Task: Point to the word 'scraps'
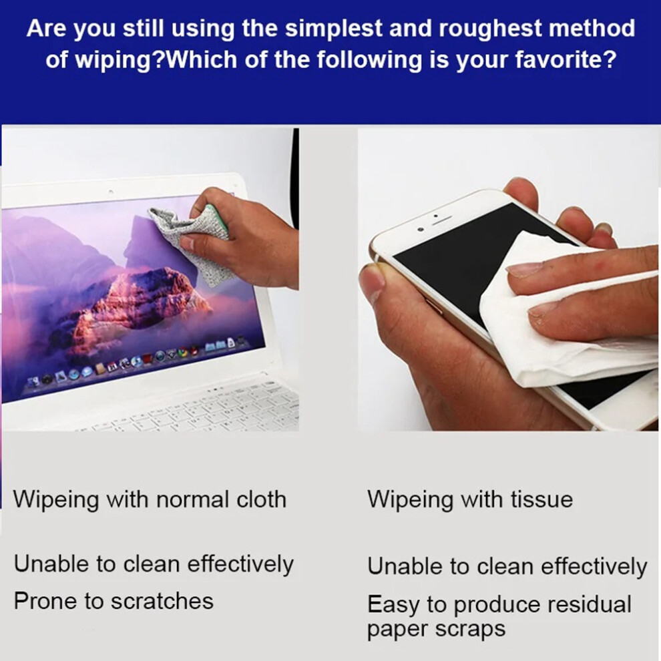[x=470, y=630]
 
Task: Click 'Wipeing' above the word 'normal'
[x=55, y=500]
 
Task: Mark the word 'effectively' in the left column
[x=240, y=564]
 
